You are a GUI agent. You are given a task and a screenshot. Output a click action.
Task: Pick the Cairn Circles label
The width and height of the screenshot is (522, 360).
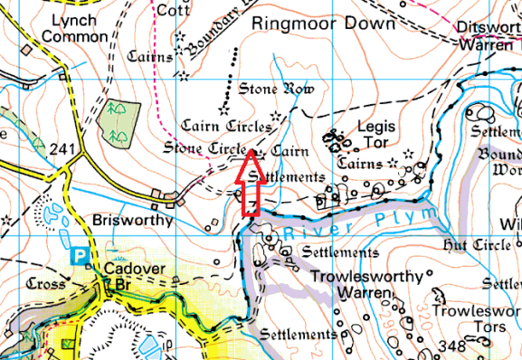pyautogui.click(x=226, y=125)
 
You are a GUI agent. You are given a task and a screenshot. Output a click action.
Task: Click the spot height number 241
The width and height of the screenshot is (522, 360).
pyautogui.click(x=62, y=148)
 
